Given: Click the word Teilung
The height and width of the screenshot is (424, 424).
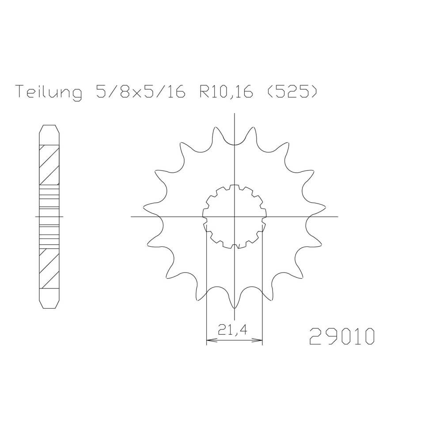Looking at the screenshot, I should tap(49, 92).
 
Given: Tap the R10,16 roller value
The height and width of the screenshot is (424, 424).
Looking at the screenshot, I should tap(226, 92).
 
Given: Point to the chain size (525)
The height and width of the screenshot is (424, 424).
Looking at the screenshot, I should tap(291, 92).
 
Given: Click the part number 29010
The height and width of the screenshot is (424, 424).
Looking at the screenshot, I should tap(342, 337).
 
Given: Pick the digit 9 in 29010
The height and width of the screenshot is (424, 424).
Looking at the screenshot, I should tap(329, 337).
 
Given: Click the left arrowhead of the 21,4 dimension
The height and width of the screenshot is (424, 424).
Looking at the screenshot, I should tap(209, 341).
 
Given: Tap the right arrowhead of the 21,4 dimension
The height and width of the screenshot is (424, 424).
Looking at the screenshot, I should tap(260, 341).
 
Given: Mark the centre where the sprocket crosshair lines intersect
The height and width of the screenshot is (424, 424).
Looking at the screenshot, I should tap(235, 217).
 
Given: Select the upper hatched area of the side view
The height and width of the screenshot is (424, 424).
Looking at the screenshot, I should tap(49, 164).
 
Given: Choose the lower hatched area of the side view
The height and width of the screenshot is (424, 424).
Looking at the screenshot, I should tap(49, 268).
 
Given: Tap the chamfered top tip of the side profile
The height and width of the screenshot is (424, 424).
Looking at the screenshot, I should tap(49, 129).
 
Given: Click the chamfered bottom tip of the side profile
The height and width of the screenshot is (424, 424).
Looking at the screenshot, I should tap(49, 304).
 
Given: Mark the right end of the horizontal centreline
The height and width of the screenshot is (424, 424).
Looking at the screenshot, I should tap(337, 217).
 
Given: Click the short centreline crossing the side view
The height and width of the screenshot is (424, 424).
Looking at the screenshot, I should tap(49, 217).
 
